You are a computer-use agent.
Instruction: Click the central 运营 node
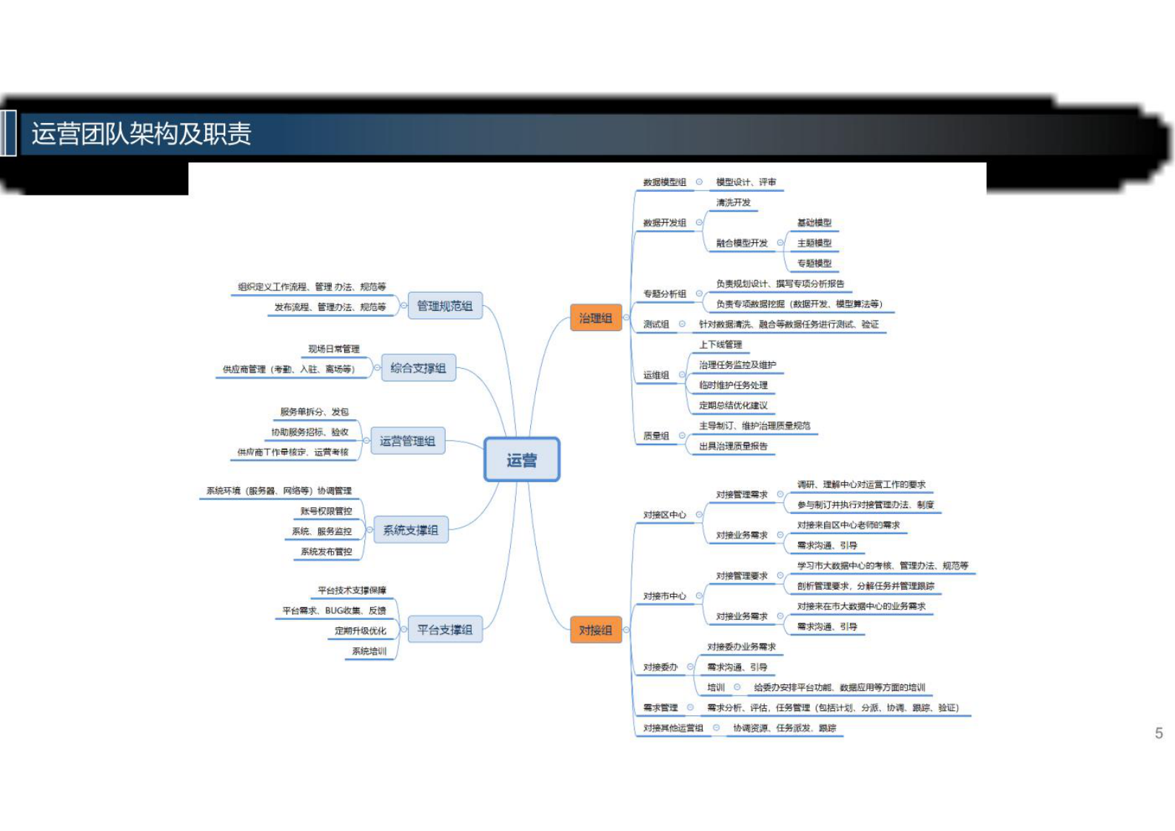pos(521,460)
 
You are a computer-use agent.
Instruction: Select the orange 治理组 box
pos(595,318)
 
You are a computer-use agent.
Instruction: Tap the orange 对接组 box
pos(595,630)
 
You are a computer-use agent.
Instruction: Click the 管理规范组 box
pos(444,306)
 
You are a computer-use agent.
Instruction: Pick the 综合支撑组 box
pos(418,368)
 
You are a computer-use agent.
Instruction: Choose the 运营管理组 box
pos(407,441)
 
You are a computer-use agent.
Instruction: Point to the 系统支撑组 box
pos(410,530)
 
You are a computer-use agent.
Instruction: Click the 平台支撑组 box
pos(444,630)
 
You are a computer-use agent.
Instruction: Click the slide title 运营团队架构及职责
pos(141,134)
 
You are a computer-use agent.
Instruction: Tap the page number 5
pos(1159,733)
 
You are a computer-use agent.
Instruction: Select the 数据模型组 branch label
pos(664,182)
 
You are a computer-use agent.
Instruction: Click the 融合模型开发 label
pos(741,243)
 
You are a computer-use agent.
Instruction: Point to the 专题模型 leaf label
pos(814,264)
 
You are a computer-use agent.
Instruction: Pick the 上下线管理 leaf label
pos(720,344)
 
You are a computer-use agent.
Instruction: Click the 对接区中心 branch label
pos(664,515)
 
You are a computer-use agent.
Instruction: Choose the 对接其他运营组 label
pos(672,728)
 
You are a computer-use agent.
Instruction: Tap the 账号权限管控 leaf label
pos(326,511)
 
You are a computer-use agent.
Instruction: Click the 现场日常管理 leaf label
pos(333,349)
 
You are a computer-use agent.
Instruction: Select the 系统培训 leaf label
pos(369,651)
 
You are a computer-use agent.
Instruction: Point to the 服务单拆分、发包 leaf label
pos(314,412)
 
